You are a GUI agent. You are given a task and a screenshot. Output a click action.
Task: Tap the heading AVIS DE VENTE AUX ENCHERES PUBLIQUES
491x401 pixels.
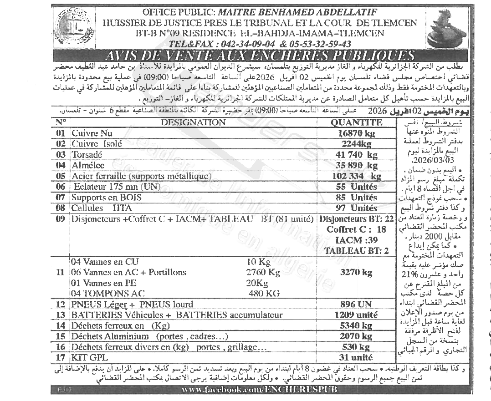coord(259,56)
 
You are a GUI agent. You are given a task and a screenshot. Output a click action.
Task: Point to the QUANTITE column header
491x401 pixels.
coord(356,122)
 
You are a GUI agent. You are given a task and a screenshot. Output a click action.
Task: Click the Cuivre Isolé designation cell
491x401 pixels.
coord(96,144)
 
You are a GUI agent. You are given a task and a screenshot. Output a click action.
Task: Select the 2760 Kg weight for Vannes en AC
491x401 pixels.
coord(263,273)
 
